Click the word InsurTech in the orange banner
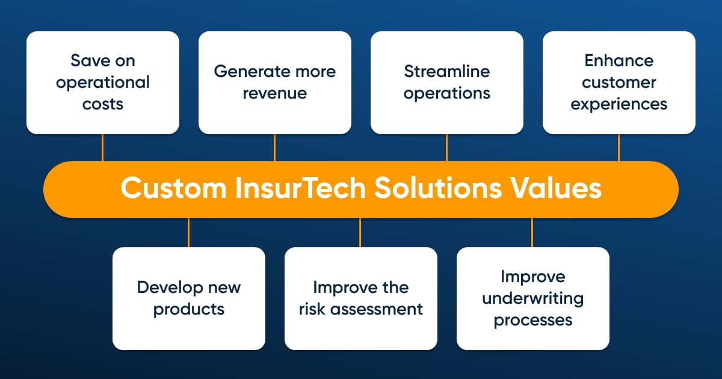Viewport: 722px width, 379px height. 300,188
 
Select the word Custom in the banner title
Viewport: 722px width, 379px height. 174,188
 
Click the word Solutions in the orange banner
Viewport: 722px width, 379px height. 438,188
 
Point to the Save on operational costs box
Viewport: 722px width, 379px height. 103,82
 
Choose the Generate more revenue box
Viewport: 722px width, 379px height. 275,82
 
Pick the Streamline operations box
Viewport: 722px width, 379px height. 447,82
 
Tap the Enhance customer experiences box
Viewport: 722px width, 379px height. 619,82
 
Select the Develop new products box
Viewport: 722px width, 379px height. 189,298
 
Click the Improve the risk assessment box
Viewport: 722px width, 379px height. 361,298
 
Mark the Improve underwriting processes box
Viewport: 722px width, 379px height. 533,298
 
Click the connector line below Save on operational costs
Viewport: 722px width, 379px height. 102,147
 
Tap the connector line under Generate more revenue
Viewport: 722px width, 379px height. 274,147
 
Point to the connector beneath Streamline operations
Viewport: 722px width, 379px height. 446,147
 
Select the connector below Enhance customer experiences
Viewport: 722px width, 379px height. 619,147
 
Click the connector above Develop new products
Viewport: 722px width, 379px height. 188,232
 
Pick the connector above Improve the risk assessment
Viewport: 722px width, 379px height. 360,232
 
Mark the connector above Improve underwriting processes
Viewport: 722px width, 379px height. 532,232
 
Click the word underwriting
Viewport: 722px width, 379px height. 533,299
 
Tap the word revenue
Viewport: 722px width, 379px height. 275,93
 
